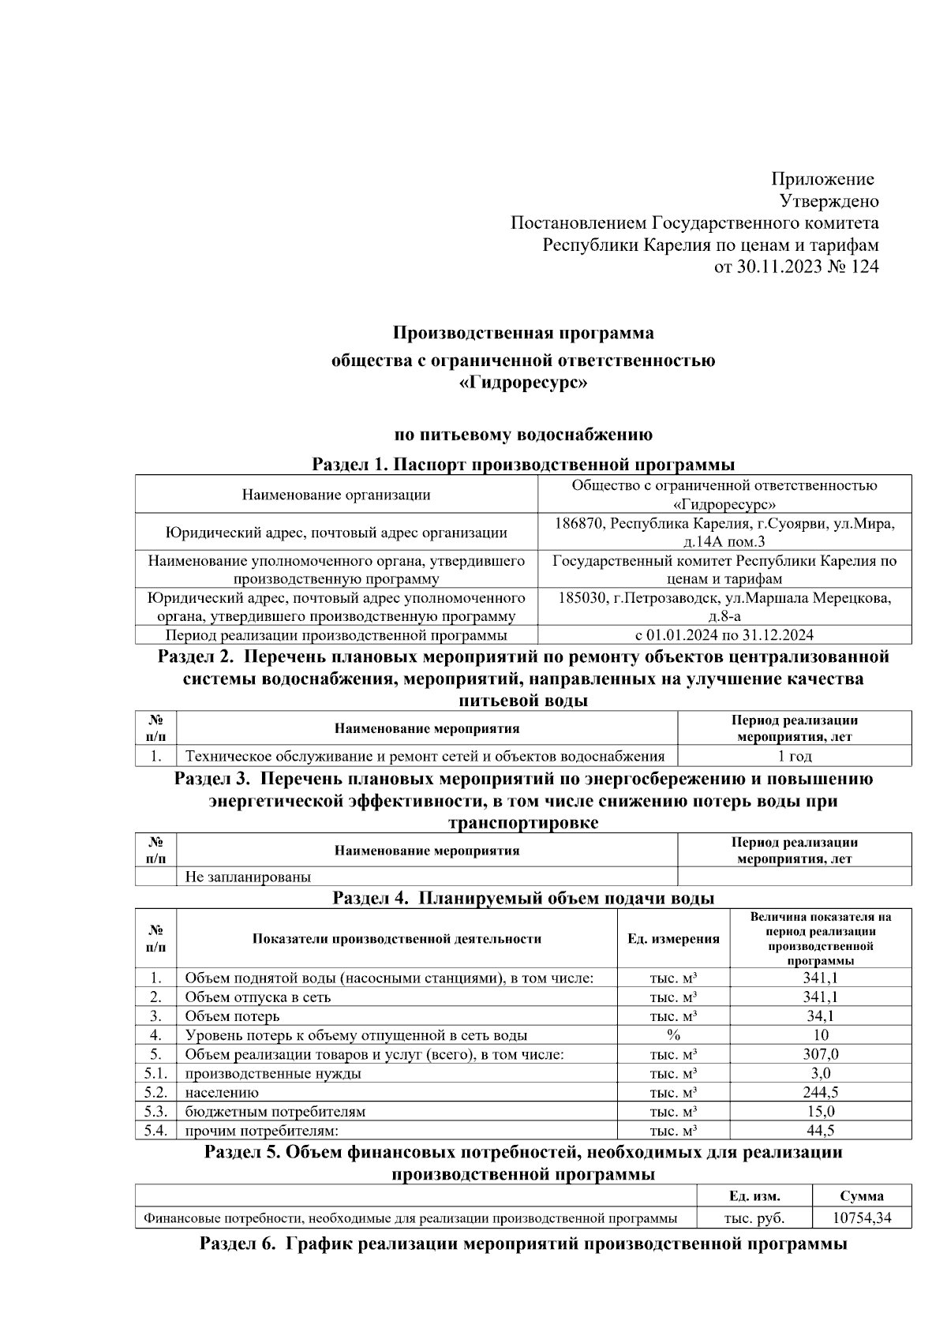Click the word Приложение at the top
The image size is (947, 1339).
click(x=822, y=179)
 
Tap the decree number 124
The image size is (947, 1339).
click(x=865, y=267)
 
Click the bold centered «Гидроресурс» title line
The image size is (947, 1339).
click(x=523, y=384)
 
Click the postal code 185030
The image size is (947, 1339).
click(x=582, y=598)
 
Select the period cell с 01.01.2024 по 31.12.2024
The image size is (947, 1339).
click(x=724, y=635)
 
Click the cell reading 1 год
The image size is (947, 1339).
click(x=794, y=756)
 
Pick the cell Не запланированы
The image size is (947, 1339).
click(x=248, y=877)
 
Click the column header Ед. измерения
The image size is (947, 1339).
click(x=673, y=939)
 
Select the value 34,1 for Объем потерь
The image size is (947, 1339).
click(x=820, y=1016)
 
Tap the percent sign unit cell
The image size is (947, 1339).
click(x=673, y=1035)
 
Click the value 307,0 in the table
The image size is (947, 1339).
click(x=820, y=1054)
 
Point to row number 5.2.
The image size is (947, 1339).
click(x=155, y=1093)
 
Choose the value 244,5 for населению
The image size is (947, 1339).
click(x=820, y=1093)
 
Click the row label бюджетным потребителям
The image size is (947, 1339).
click(x=275, y=1112)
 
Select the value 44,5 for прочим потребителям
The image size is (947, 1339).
click(x=820, y=1131)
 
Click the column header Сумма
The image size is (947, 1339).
click(x=862, y=1195)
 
